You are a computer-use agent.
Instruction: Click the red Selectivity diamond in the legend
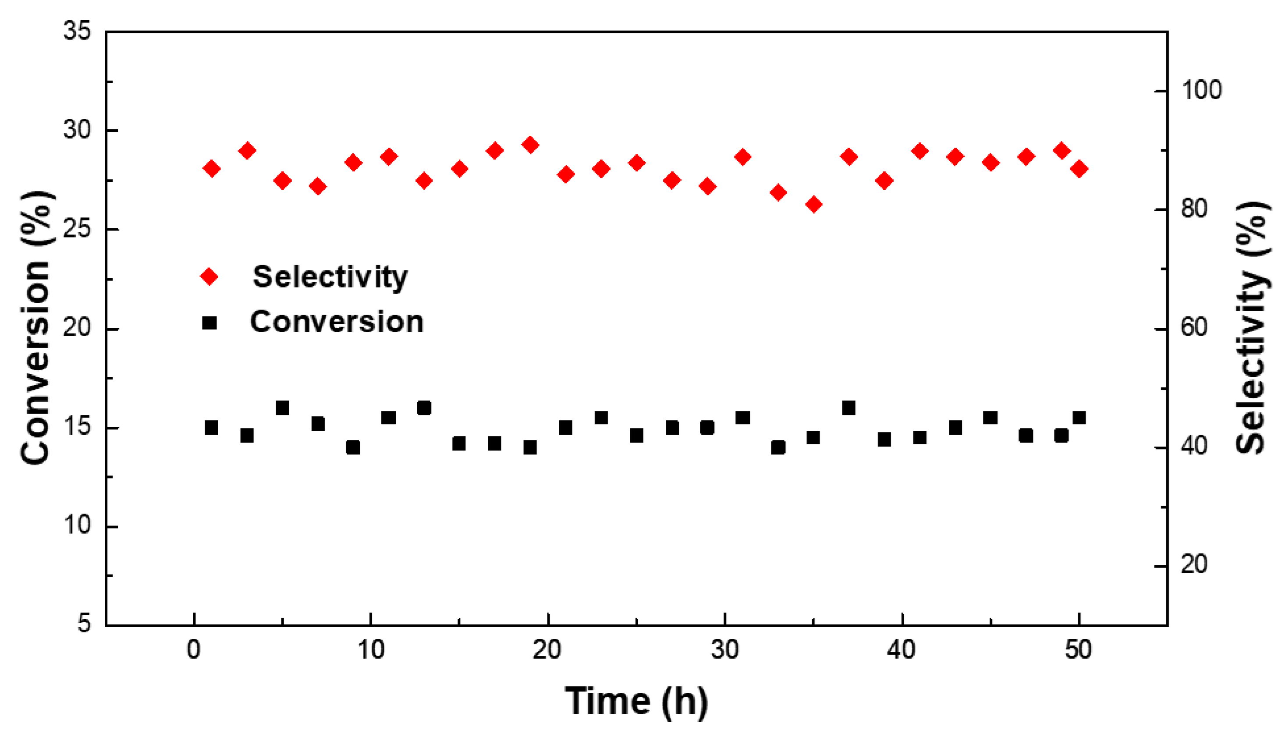(x=209, y=276)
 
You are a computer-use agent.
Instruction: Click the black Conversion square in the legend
(x=209, y=323)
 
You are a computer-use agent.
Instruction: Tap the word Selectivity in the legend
(x=330, y=277)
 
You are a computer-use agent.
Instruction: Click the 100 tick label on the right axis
(x=1201, y=91)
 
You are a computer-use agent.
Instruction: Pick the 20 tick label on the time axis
(x=547, y=650)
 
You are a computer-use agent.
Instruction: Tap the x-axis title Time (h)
(x=636, y=701)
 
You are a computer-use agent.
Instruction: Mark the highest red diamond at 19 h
(x=530, y=145)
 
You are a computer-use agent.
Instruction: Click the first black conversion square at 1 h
(x=211, y=428)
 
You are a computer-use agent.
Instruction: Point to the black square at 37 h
(x=848, y=408)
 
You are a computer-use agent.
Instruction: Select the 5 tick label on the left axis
(x=84, y=624)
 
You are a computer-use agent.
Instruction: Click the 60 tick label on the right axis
(x=1194, y=328)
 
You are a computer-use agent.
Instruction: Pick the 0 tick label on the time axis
(x=194, y=650)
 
